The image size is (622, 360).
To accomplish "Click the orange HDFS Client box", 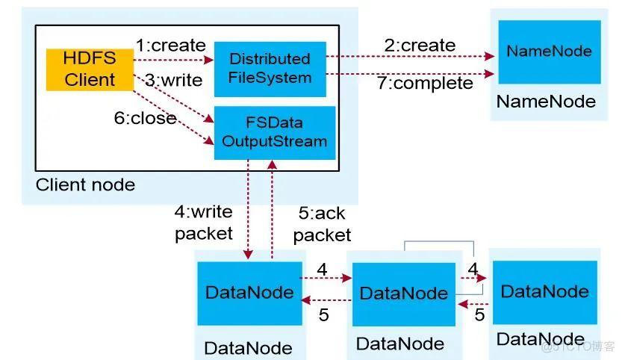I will click(90, 69).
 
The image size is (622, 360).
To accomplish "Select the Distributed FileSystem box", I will click(270, 68).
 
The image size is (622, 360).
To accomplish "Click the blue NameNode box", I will click(549, 52).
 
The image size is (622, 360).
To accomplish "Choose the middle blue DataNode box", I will click(403, 294).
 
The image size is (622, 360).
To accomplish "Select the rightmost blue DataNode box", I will click(544, 291).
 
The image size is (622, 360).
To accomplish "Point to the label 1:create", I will click(170, 45).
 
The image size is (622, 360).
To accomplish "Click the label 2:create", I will click(420, 45).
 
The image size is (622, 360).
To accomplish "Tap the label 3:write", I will click(173, 80).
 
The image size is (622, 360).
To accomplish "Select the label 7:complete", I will click(425, 83).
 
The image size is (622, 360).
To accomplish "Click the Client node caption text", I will click(85, 184).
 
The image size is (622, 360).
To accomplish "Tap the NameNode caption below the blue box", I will click(546, 101).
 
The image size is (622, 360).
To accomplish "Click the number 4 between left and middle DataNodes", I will click(322, 268).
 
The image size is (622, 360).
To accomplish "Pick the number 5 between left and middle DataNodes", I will click(323, 315).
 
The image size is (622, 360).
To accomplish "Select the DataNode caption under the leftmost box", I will click(248, 347).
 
